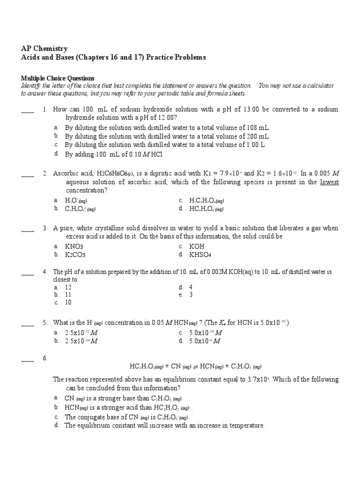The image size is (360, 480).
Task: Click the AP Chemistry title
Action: click(x=45, y=48)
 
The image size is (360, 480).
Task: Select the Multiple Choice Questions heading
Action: click(x=58, y=78)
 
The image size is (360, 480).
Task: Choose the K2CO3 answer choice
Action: click(x=75, y=255)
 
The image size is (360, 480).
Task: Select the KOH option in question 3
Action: click(x=197, y=246)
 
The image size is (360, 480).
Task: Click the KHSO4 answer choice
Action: click(x=200, y=255)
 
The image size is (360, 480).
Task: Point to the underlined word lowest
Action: click(x=329, y=182)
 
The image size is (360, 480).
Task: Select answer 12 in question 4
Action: click(x=68, y=287)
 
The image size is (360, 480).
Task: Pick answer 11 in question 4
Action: click(x=68, y=295)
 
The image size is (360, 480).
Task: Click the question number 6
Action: click(x=45, y=359)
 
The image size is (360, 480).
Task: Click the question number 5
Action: click(x=45, y=322)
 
